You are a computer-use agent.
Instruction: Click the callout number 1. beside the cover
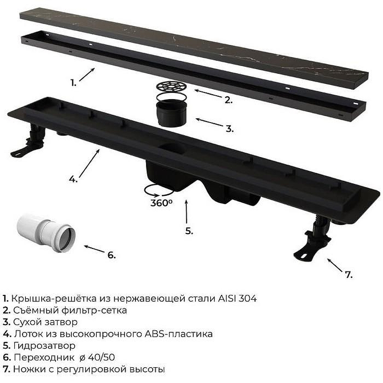click(x=74, y=83)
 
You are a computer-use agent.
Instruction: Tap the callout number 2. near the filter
click(x=228, y=100)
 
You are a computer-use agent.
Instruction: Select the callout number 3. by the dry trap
click(x=229, y=129)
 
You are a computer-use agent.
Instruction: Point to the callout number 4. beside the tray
click(x=73, y=179)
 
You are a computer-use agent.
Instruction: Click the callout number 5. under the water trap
click(x=189, y=231)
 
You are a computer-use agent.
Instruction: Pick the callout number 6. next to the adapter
click(x=112, y=255)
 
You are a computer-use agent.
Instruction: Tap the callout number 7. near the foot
click(x=349, y=275)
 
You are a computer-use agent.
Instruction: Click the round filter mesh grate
click(x=172, y=87)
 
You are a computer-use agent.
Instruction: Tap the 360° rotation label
click(x=161, y=203)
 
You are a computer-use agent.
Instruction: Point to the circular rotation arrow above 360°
click(x=159, y=190)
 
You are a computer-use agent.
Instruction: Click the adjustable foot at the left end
click(x=29, y=140)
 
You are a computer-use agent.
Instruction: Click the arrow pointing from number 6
click(x=94, y=249)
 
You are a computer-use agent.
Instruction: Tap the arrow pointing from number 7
click(x=335, y=265)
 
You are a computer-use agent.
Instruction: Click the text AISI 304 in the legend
click(x=237, y=298)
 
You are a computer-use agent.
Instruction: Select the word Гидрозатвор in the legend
click(x=44, y=346)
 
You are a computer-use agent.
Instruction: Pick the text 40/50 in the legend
click(x=101, y=357)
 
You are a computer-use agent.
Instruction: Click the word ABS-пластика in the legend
click(x=178, y=334)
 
